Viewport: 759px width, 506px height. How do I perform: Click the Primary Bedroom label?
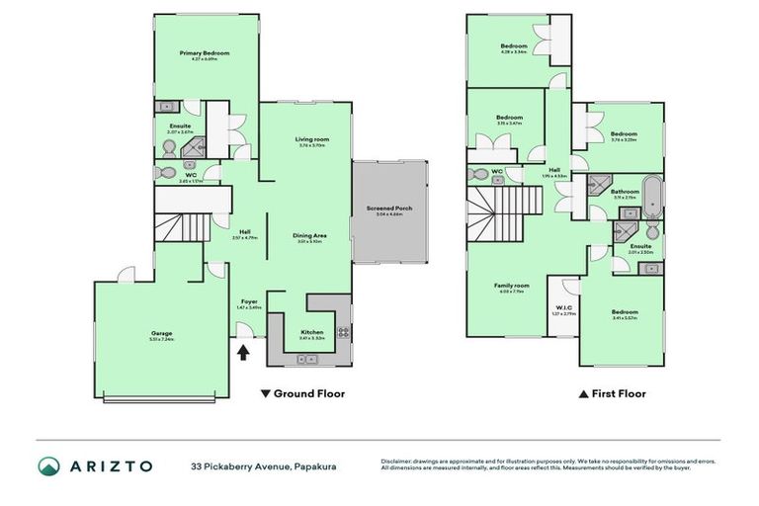coord(205,54)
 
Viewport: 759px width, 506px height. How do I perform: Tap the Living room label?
coord(311,141)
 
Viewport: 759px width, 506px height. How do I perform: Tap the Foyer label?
coord(248,303)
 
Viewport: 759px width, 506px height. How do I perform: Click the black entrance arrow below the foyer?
coord(244,348)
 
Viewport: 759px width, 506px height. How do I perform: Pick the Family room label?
coord(512,287)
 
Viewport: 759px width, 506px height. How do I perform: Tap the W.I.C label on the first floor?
coord(564,308)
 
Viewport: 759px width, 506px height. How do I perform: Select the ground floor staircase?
coord(188,229)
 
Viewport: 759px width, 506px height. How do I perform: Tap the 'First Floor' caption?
coord(618,393)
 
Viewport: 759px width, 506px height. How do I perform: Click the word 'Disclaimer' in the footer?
coord(399,461)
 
